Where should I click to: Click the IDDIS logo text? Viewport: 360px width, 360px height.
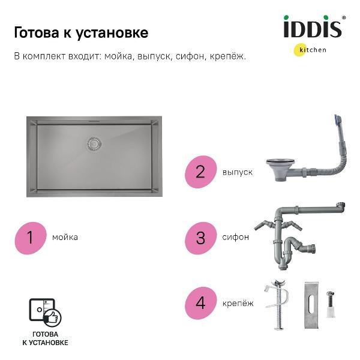point(313,28)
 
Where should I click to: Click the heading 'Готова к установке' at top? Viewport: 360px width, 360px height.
point(81,32)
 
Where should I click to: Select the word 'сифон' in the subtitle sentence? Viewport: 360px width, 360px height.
point(191,56)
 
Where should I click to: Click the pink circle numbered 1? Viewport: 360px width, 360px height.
point(30,237)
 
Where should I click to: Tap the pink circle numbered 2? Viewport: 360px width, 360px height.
point(200,172)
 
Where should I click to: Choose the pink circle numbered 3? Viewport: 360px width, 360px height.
point(200,237)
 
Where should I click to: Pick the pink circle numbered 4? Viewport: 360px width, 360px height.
point(200,302)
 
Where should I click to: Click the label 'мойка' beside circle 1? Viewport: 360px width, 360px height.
point(65,237)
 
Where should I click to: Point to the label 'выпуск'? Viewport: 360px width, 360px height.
point(237,172)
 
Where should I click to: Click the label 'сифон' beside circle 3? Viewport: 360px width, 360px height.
point(235,237)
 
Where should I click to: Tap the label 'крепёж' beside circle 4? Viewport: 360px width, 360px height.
point(238,303)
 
